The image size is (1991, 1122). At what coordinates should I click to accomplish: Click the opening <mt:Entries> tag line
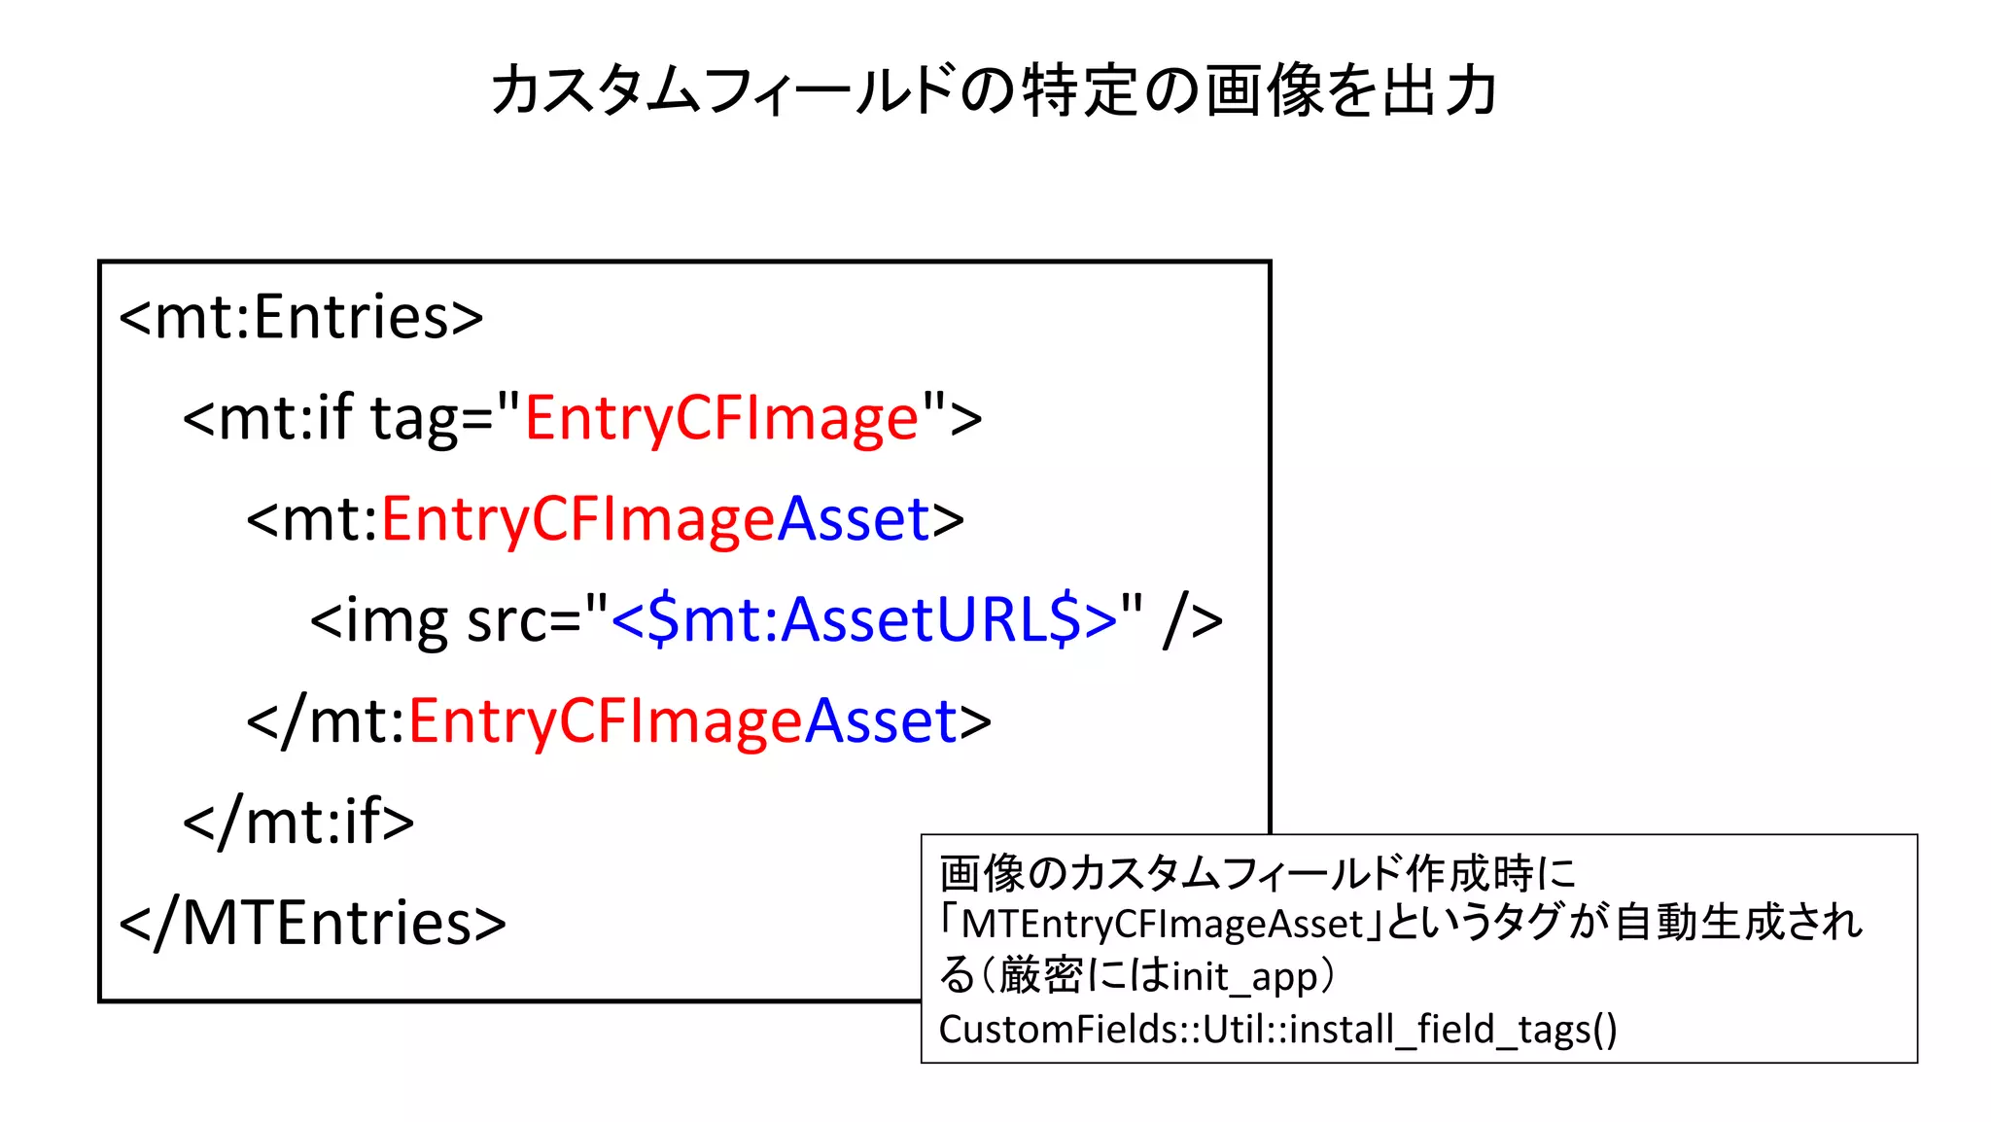coord(301,317)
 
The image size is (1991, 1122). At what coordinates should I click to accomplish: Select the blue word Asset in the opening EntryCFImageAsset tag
coord(854,519)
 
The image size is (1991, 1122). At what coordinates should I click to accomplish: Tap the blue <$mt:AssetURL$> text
coord(863,619)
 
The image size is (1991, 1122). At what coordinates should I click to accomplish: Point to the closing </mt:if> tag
coord(298,822)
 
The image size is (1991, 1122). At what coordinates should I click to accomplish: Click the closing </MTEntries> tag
coord(312,923)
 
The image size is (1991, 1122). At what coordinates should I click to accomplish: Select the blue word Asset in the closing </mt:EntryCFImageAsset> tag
coord(881,721)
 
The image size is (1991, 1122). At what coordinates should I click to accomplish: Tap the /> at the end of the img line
coord(1193,619)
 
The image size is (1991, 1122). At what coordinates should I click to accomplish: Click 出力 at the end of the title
coord(1439,91)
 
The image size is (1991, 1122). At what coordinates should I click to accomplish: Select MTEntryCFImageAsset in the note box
coord(1163,924)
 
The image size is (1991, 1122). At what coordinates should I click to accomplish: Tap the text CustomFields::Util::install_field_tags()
coord(1277,1029)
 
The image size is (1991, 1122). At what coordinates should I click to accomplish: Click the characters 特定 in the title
coord(1079,91)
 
